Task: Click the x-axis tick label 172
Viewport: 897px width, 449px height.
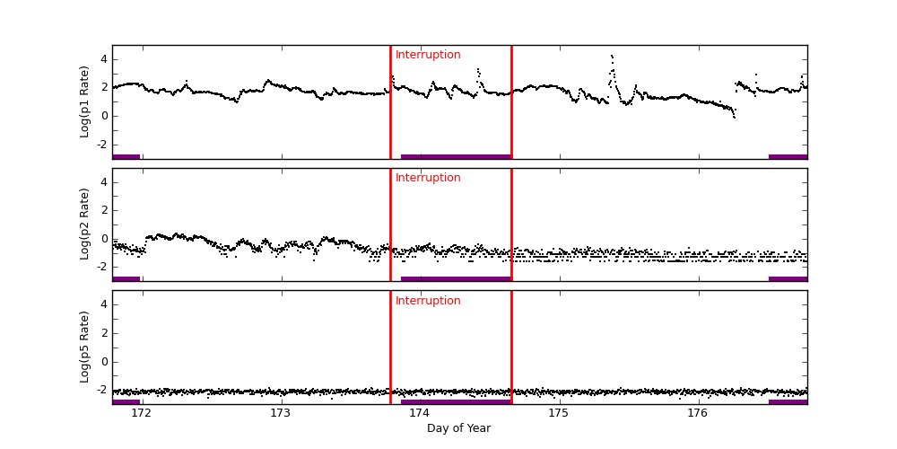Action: pyautogui.click(x=141, y=413)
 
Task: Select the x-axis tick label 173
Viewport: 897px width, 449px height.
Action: pyautogui.click(x=280, y=413)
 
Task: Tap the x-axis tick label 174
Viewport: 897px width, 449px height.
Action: pyautogui.click(x=419, y=413)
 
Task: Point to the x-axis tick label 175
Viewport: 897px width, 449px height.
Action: pyautogui.click(x=558, y=413)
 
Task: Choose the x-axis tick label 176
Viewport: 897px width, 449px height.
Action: pyautogui.click(x=697, y=413)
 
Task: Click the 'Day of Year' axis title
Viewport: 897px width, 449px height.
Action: pyautogui.click(x=458, y=428)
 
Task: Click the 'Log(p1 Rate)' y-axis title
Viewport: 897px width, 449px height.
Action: pyautogui.click(x=85, y=101)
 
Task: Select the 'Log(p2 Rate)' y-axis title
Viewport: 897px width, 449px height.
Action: pyautogui.click(x=85, y=224)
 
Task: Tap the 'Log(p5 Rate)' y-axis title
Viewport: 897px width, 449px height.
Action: pyautogui.click(x=85, y=347)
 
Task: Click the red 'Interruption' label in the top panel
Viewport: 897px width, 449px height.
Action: pyautogui.click(x=428, y=55)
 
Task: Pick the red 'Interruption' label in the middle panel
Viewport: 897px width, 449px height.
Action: pyautogui.click(x=428, y=178)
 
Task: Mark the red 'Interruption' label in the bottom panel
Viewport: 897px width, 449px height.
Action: pyautogui.click(x=428, y=301)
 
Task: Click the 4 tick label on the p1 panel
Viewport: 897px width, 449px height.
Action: pyautogui.click(x=103, y=59)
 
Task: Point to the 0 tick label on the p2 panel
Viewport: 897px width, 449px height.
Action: pyautogui.click(x=103, y=239)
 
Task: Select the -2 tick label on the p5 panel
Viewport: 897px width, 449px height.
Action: pyautogui.click(x=101, y=390)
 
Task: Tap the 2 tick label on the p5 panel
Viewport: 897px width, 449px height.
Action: pyautogui.click(x=103, y=333)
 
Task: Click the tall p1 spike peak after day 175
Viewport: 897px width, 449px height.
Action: pyautogui.click(x=611, y=56)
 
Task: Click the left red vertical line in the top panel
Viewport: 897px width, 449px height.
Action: pyautogui.click(x=390, y=101)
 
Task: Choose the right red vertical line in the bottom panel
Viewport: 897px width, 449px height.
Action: pyautogui.click(x=511, y=347)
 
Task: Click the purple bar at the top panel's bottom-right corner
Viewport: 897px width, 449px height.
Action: pyautogui.click(x=788, y=156)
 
